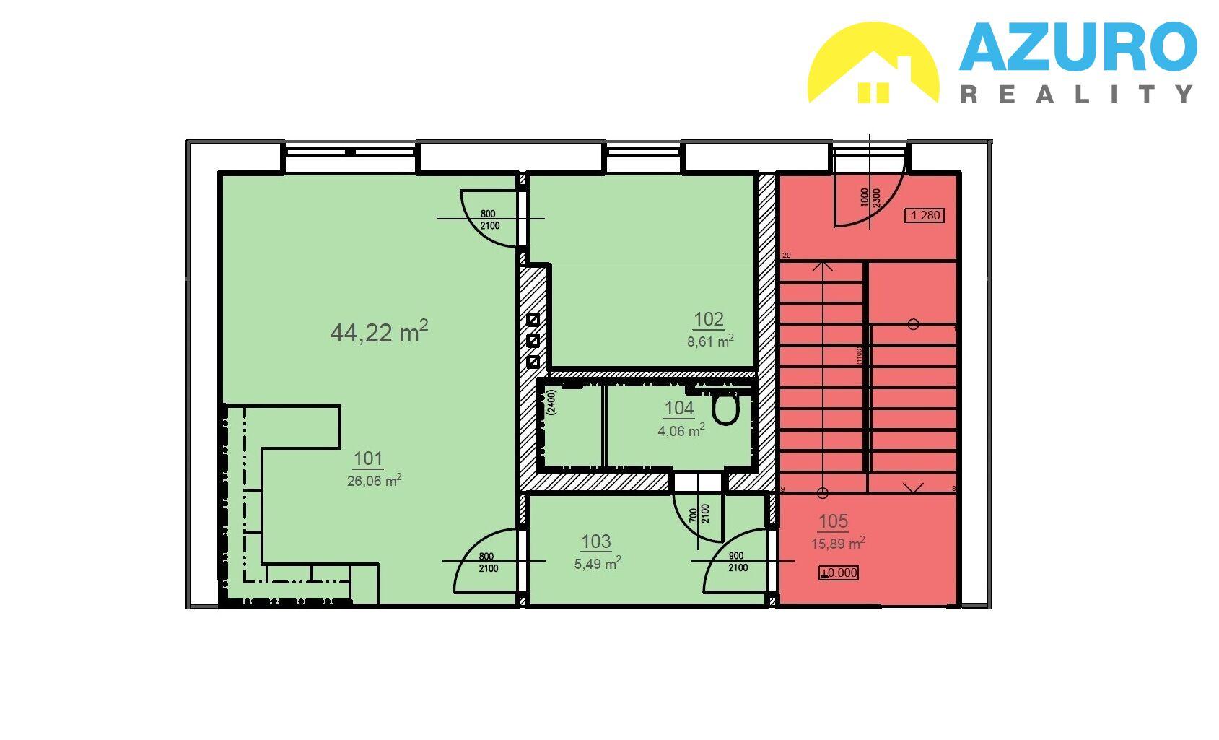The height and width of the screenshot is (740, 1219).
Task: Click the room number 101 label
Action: pyautogui.click(x=368, y=459)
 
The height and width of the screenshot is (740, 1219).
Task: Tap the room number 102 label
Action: pyautogui.click(x=709, y=320)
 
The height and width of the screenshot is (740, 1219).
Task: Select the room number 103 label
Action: pyautogui.click(x=596, y=541)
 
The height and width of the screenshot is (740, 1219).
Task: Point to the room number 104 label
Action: pyautogui.click(x=679, y=409)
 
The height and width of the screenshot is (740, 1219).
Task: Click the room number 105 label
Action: pyautogui.click(x=833, y=522)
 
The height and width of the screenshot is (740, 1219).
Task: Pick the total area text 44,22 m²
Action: pyautogui.click(x=380, y=331)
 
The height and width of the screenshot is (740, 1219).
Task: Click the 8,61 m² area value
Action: pyautogui.click(x=710, y=341)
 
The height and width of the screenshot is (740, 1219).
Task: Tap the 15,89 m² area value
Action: pyautogui.click(x=838, y=543)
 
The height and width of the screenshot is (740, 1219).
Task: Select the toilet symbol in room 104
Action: pyautogui.click(x=725, y=409)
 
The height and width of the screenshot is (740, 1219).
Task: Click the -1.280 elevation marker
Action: pyautogui.click(x=925, y=216)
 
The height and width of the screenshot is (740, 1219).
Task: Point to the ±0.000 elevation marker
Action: pyautogui.click(x=839, y=573)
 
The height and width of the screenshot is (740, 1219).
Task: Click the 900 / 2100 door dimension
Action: pyautogui.click(x=738, y=562)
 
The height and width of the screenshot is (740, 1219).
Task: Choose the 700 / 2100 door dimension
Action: pyautogui.click(x=699, y=513)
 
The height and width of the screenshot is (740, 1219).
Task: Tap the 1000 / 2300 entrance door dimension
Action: pyautogui.click(x=870, y=198)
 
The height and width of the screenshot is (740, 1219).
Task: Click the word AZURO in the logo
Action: pyautogui.click(x=1078, y=47)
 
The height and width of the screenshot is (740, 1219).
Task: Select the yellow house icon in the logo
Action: pyautogui.click(x=873, y=63)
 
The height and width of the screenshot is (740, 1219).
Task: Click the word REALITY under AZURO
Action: pyautogui.click(x=1077, y=95)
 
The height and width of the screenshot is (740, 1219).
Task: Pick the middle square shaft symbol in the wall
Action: pyautogui.click(x=533, y=341)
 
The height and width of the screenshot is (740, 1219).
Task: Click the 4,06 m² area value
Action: pyautogui.click(x=681, y=431)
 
